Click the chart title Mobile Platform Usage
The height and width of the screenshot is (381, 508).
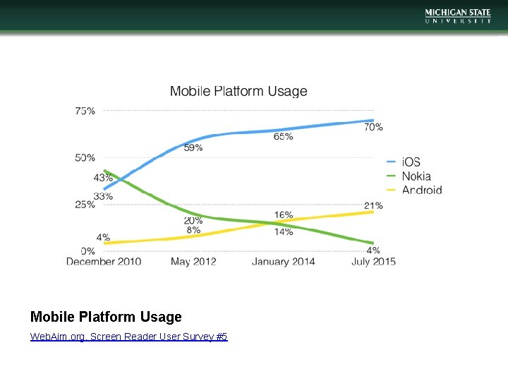[x=238, y=91]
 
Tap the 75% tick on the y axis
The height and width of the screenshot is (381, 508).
[x=85, y=111]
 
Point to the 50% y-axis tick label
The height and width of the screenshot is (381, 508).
[x=85, y=157]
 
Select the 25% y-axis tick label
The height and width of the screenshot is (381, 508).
[x=85, y=204]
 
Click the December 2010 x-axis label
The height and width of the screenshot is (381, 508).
[x=104, y=261]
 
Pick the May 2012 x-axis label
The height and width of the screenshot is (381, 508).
[x=193, y=261]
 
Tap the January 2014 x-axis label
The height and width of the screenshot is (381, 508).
[x=284, y=261]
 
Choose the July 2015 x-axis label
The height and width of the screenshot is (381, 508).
[x=374, y=261]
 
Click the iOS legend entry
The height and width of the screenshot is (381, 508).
[x=411, y=162]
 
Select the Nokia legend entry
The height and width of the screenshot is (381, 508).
[x=416, y=176]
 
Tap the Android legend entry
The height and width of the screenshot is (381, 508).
[x=421, y=190]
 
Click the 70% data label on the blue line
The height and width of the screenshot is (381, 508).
[x=373, y=128]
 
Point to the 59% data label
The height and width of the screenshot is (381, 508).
[x=193, y=147]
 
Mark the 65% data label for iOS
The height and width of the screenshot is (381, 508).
[x=284, y=136]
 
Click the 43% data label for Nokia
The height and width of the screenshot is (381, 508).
[x=103, y=179]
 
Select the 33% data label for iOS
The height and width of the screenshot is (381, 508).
[x=103, y=196]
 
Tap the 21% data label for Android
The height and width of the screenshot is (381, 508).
[x=373, y=206]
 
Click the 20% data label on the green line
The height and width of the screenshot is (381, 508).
[x=193, y=221]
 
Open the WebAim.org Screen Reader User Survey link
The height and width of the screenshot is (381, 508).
[x=128, y=337]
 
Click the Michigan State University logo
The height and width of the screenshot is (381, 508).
[x=457, y=16]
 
